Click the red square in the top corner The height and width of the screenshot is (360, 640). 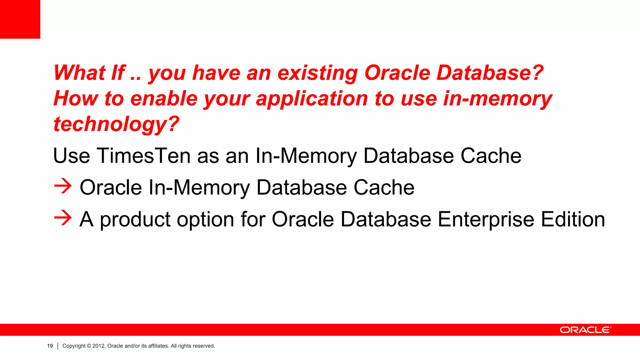(x=20, y=19)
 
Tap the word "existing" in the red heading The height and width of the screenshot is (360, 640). (x=317, y=73)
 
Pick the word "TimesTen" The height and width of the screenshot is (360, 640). (x=143, y=156)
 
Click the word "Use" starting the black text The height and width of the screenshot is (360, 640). (x=72, y=156)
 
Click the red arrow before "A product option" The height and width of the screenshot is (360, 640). (x=63, y=217)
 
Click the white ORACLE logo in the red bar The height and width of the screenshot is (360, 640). (x=585, y=330)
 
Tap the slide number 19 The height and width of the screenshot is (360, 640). (x=50, y=346)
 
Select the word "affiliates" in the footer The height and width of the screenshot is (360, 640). (x=158, y=346)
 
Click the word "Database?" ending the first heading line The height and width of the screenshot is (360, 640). (x=490, y=73)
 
